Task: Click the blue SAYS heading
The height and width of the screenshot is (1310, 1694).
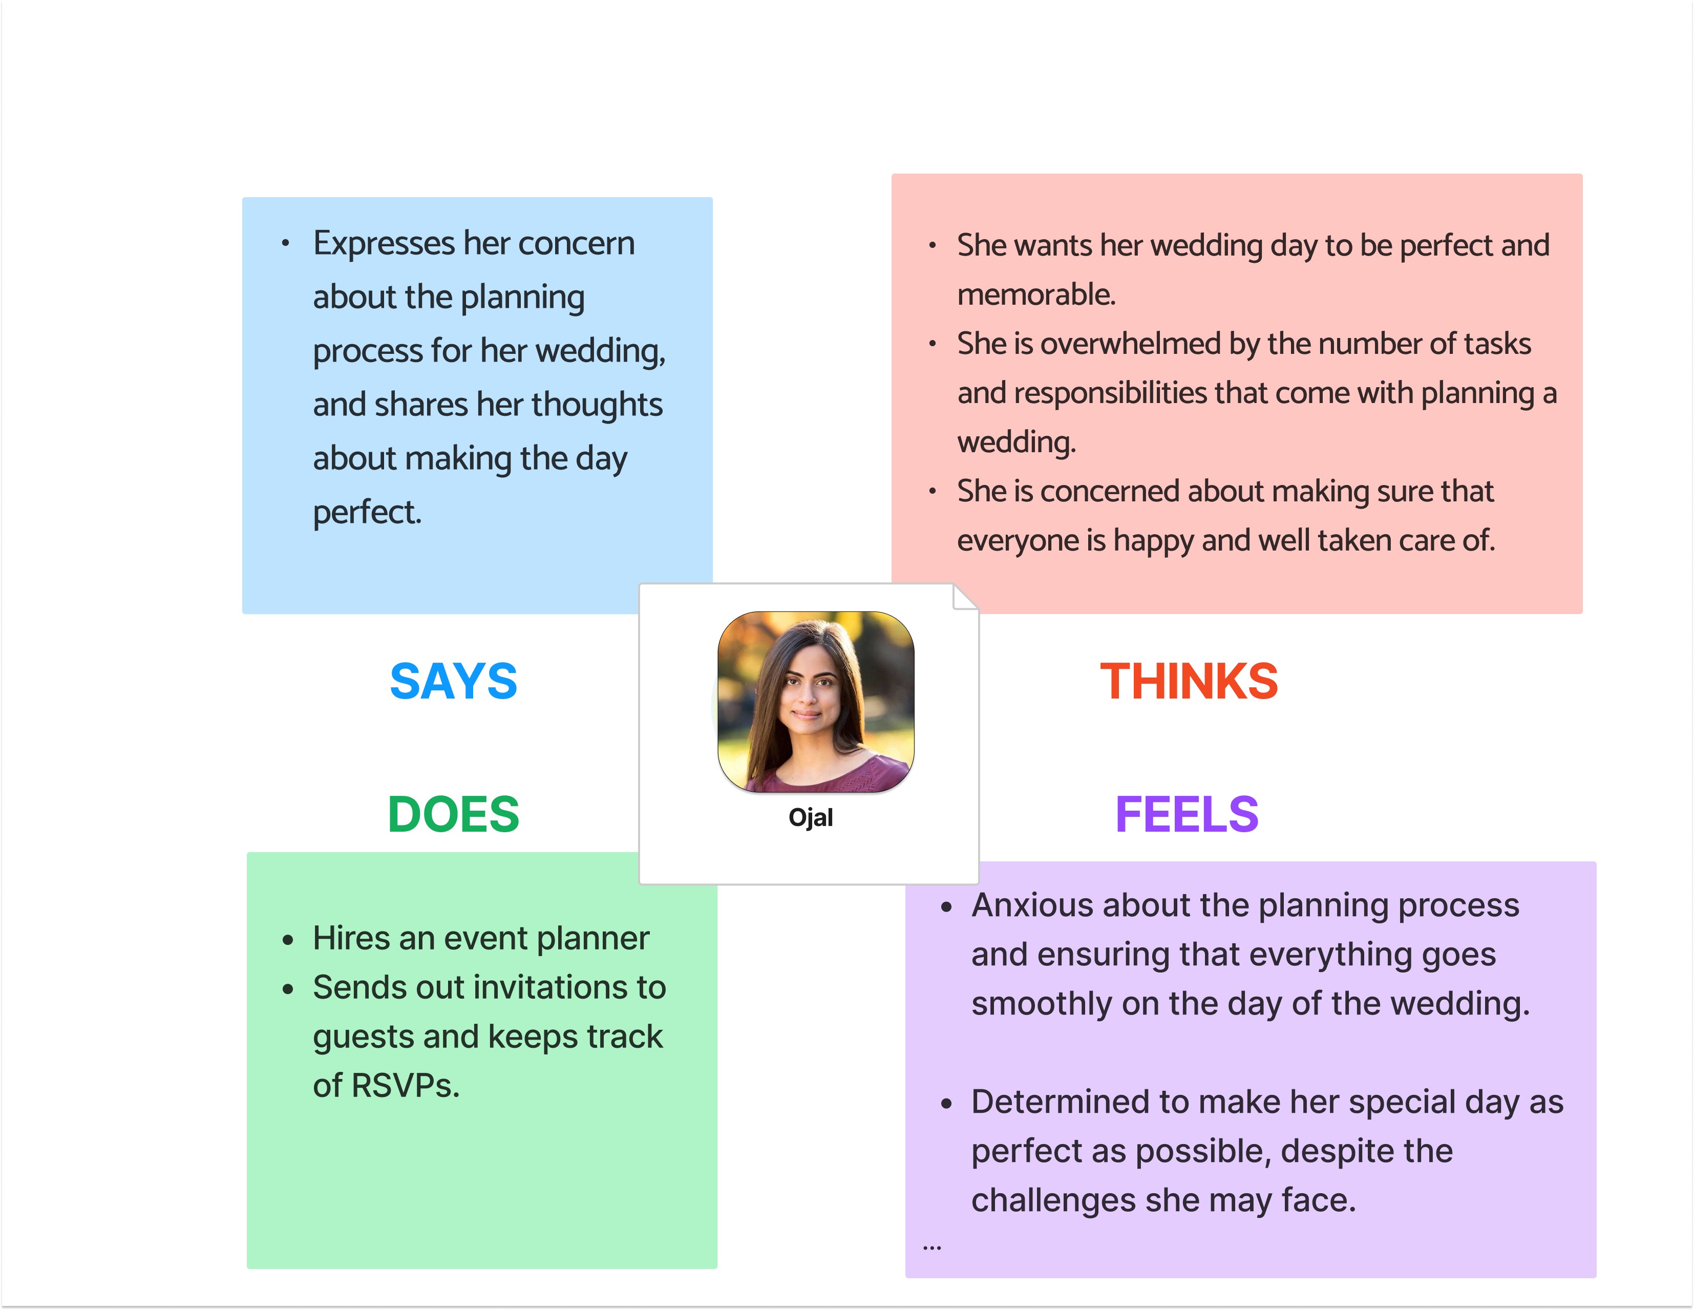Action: (x=453, y=681)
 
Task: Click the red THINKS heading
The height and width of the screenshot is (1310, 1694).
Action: (x=1188, y=681)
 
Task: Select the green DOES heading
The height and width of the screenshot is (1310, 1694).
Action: (x=453, y=814)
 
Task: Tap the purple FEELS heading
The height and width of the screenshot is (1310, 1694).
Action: (x=1186, y=814)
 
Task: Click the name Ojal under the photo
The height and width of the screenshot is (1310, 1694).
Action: (x=811, y=817)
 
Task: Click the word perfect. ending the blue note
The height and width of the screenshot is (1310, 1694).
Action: (x=367, y=512)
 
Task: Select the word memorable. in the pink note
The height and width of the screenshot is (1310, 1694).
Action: (x=1036, y=295)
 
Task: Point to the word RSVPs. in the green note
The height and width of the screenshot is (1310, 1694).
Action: (x=386, y=1085)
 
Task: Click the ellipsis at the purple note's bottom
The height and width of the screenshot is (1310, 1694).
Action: (x=931, y=1247)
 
